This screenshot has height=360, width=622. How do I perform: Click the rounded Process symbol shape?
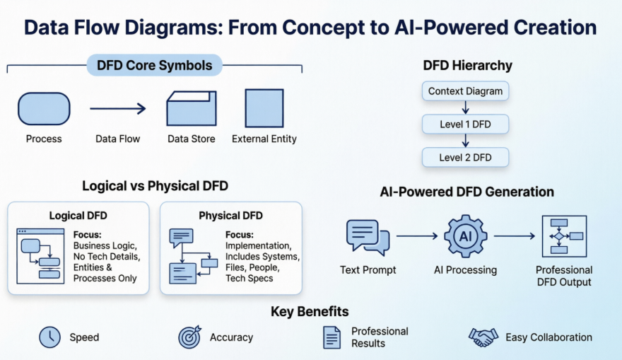point(44,108)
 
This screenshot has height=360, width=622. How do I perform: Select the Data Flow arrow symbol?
point(117,108)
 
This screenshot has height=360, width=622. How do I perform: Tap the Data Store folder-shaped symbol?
point(191,108)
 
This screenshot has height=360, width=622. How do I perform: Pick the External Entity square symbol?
point(264,108)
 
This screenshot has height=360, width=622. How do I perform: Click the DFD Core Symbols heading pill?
point(154,66)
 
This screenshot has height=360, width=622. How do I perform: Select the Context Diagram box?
point(465,91)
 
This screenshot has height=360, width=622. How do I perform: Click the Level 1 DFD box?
point(465,124)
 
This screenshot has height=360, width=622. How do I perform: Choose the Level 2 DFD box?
point(465,157)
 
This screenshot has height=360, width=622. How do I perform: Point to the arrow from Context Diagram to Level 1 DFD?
point(465,108)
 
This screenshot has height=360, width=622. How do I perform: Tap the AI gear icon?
point(465,236)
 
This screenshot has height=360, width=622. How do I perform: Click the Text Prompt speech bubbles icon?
point(368,237)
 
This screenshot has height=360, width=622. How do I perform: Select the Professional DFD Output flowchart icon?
point(563,236)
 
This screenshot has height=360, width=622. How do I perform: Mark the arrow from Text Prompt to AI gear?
point(416,236)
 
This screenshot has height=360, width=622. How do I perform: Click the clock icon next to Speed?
point(49,337)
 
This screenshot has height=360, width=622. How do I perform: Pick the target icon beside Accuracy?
point(189,337)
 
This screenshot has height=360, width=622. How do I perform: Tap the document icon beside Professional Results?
point(331,337)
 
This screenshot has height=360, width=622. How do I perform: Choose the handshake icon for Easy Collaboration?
point(483,337)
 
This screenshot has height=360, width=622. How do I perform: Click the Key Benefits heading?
point(310,312)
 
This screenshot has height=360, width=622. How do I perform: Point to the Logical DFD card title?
point(78,216)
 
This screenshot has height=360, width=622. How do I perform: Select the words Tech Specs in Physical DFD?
point(250,278)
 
